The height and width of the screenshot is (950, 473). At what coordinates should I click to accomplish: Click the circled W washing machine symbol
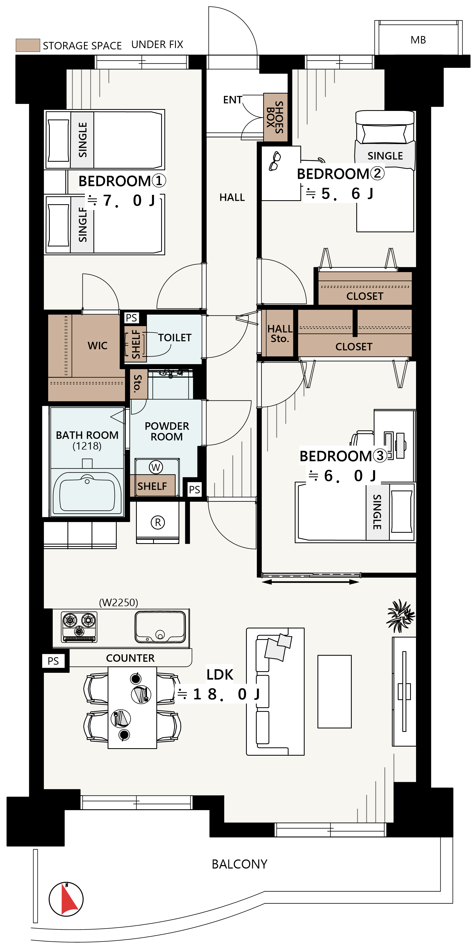pyautogui.click(x=156, y=467)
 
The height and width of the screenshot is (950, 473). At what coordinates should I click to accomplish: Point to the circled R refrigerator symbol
pyautogui.click(x=158, y=522)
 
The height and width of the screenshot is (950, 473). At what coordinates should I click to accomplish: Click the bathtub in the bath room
pyautogui.click(x=87, y=493)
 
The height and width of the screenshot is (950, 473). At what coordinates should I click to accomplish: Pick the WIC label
pyautogui.click(x=97, y=346)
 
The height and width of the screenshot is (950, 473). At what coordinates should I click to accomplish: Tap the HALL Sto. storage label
pyautogui.click(x=279, y=333)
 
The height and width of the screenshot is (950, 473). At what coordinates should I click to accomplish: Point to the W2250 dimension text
pyautogui.click(x=119, y=603)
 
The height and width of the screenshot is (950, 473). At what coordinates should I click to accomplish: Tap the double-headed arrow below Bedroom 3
pyautogui.click(x=310, y=582)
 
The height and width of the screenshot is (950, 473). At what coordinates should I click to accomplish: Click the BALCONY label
pyautogui.click(x=239, y=864)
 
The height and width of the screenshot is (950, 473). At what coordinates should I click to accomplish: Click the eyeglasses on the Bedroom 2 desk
pyautogui.click(x=275, y=161)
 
